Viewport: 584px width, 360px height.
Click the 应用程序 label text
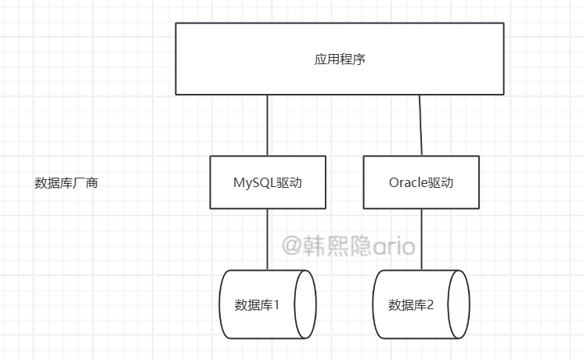click(339, 59)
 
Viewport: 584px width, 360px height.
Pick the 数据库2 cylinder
click(421, 304)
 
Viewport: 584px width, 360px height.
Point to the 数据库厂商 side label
click(66, 183)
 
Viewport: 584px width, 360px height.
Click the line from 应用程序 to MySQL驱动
click(267, 125)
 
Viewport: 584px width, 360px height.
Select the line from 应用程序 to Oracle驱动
click(420, 125)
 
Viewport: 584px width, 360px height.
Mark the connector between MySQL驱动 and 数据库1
click(268, 239)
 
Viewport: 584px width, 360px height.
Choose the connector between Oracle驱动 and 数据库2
click(422, 239)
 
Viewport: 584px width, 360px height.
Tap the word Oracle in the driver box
click(408, 183)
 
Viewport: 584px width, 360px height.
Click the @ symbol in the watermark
click(291, 247)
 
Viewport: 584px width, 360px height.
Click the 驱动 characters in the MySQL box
click(290, 183)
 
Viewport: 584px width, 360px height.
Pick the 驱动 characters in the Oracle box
click(441, 183)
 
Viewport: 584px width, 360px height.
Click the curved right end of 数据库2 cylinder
click(461, 304)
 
